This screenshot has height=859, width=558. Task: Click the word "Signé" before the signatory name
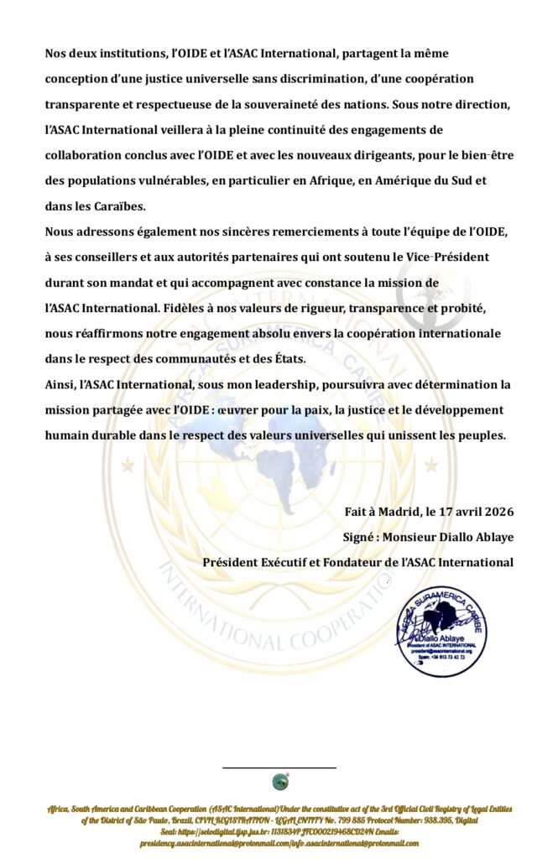click(362, 537)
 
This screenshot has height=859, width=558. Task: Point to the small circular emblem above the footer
click(280, 782)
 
